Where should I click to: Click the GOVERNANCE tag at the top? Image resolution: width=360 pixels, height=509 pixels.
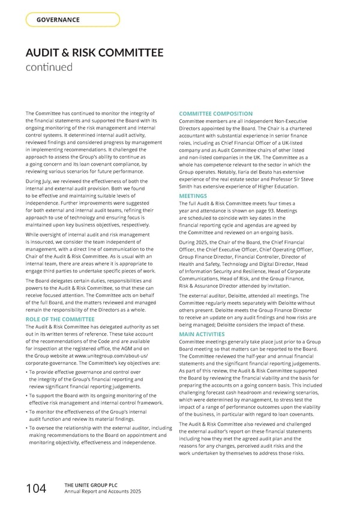pyautogui.click(x=58, y=20)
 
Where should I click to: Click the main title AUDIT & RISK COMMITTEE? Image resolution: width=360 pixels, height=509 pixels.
pyautogui.click(x=94, y=53)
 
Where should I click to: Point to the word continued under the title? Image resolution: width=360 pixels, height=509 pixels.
pyautogui.click(x=49, y=67)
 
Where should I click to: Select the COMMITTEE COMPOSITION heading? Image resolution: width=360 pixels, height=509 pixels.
pyautogui.click(x=215, y=114)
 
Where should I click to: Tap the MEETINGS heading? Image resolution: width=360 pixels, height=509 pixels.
pyautogui.click(x=194, y=196)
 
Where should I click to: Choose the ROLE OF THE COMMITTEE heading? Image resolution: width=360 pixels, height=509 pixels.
pyautogui.click(x=60, y=319)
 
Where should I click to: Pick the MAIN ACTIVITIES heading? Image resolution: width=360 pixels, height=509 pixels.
pyautogui.click(x=202, y=334)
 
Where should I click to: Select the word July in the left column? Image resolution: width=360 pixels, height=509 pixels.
pyautogui.click(x=53, y=181)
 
